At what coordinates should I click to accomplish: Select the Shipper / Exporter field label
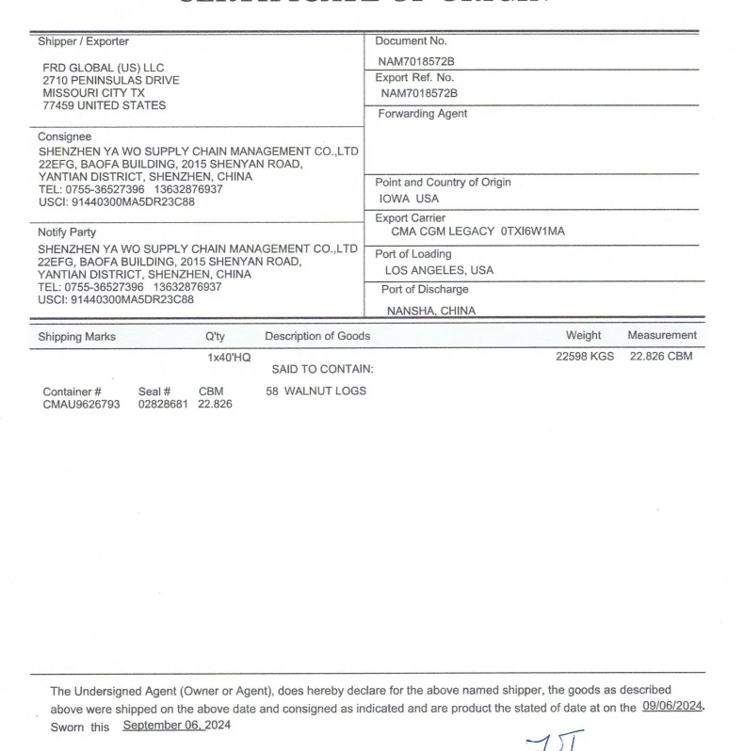tap(84, 41)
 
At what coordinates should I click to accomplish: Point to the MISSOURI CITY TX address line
tap(94, 93)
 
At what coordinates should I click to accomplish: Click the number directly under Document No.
tap(417, 60)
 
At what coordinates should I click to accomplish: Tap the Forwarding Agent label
tap(422, 114)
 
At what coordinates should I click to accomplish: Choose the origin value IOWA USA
tap(409, 199)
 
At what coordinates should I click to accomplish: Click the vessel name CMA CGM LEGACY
tap(443, 232)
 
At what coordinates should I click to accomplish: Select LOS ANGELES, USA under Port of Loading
tap(439, 270)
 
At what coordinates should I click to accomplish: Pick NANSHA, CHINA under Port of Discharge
tap(431, 311)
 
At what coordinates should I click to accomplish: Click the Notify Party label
tap(67, 232)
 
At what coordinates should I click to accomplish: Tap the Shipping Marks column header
tap(77, 336)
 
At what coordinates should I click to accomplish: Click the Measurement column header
tap(662, 335)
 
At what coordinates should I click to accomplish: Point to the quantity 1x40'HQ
tap(229, 358)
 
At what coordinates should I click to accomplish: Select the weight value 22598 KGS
tap(585, 357)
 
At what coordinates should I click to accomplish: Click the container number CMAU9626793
tap(81, 405)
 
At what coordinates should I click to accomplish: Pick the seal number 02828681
tap(164, 405)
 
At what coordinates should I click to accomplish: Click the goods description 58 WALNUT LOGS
tap(315, 391)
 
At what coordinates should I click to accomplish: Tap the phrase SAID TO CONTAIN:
tap(322, 369)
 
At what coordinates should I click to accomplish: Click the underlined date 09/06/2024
tap(672, 707)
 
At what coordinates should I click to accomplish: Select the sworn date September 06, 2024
tap(176, 726)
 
